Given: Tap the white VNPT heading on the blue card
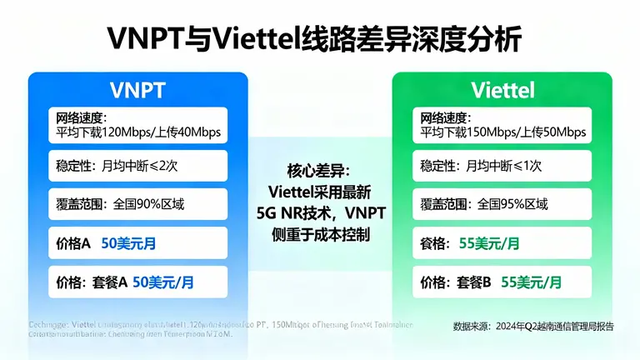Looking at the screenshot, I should coord(137,89).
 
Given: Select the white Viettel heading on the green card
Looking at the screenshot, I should coord(502,89).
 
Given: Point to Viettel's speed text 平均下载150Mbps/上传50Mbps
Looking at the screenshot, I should coord(502,132).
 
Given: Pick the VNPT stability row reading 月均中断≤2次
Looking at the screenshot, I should coord(137,166).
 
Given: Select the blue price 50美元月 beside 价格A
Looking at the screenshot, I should coord(129,243).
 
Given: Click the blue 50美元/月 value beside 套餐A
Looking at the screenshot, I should coord(164,282).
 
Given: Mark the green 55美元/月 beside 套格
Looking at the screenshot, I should coord(490,243).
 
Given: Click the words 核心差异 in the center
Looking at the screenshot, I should coord(321,172).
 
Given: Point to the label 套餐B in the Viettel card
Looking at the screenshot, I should coord(475,282).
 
